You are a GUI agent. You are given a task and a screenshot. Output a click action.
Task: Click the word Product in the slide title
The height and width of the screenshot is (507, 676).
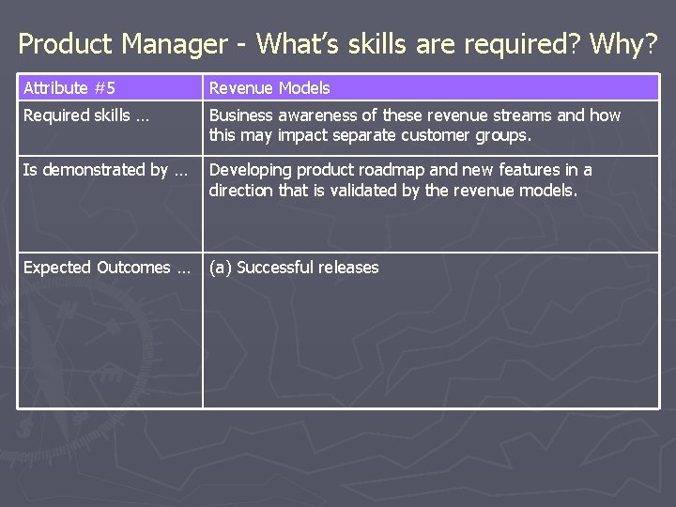point(62,43)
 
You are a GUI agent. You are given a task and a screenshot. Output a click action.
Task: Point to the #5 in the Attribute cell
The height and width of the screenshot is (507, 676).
point(102,88)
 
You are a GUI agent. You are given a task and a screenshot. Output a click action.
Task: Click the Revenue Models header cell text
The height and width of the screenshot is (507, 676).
point(269,88)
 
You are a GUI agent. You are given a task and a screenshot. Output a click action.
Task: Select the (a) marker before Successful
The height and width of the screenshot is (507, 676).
point(221,269)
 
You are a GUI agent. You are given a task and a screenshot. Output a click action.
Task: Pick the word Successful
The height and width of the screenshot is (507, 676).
point(277,269)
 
